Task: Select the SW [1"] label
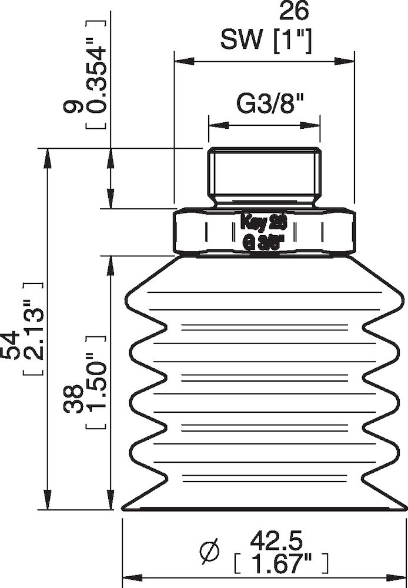[266, 41]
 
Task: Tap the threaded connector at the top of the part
[265, 175]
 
